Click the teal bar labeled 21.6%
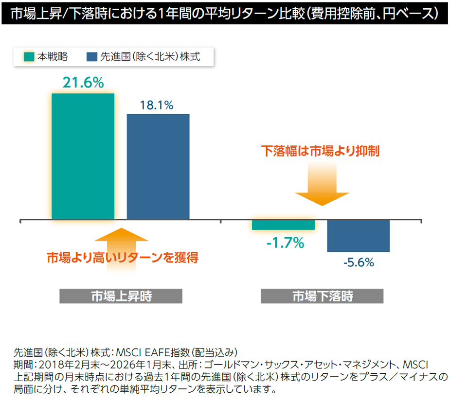(x=83, y=157)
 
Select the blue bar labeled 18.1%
(x=158, y=167)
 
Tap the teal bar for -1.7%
(x=283, y=225)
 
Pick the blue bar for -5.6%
(x=359, y=236)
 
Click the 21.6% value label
(x=83, y=83)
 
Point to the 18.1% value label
(x=157, y=105)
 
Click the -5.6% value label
(x=359, y=263)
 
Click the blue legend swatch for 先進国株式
(x=91, y=57)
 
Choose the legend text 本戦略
(x=53, y=57)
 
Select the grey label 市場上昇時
(x=121, y=296)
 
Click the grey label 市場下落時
(x=322, y=296)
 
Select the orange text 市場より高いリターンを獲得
(x=122, y=257)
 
